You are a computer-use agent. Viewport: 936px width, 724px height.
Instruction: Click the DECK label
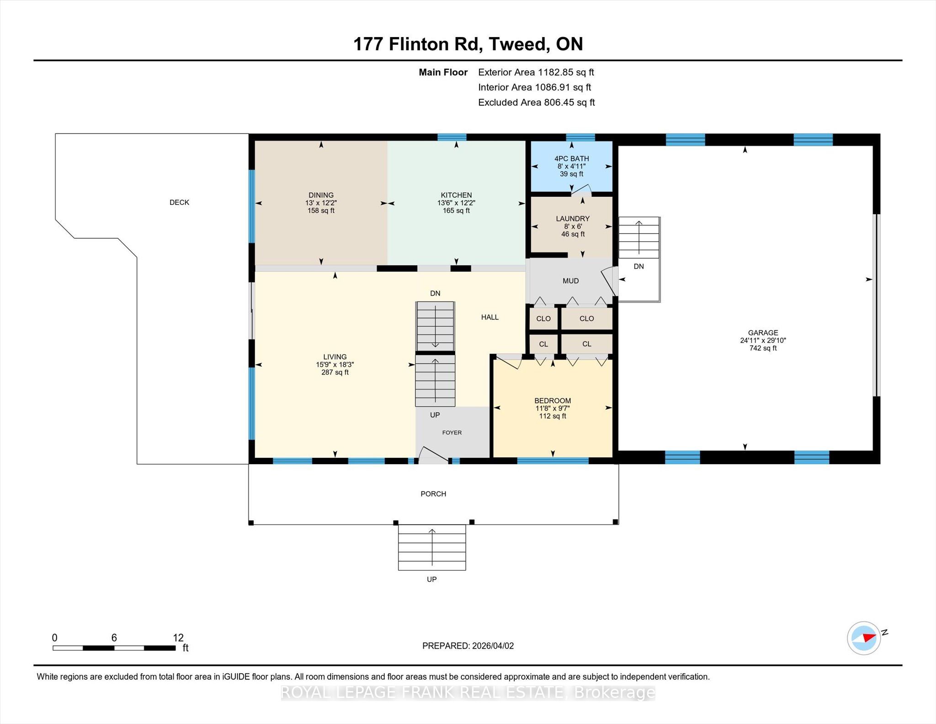point(179,202)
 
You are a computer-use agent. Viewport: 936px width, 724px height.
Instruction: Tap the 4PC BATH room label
point(572,159)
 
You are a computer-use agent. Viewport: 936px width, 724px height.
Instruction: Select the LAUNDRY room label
point(573,219)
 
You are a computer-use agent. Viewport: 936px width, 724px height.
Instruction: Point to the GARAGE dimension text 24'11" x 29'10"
point(763,340)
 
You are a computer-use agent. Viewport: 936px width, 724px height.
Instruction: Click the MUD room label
point(571,281)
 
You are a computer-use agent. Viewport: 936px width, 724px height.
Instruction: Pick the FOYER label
point(452,433)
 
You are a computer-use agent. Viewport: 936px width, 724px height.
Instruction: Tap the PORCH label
point(433,494)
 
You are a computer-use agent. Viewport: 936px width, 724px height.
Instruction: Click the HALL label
point(490,317)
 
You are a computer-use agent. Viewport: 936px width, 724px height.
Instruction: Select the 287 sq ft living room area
point(335,372)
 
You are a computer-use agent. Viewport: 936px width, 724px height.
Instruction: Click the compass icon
point(864,638)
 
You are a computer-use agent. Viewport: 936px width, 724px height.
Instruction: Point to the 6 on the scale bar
point(114,638)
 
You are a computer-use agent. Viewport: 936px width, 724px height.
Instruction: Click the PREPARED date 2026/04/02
point(493,646)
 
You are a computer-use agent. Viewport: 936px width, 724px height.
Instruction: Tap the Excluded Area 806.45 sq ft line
point(537,102)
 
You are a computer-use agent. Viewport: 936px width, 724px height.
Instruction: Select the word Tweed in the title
point(516,44)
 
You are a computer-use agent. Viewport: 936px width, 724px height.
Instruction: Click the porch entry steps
point(432,547)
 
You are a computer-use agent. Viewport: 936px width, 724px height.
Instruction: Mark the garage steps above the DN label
point(639,238)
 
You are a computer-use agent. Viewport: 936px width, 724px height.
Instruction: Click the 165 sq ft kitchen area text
point(456,210)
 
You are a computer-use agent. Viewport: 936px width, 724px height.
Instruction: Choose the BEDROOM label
point(553,401)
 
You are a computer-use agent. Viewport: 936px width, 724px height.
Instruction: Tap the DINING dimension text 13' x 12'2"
point(321,203)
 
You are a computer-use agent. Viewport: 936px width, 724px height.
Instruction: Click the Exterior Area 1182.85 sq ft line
point(536,72)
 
